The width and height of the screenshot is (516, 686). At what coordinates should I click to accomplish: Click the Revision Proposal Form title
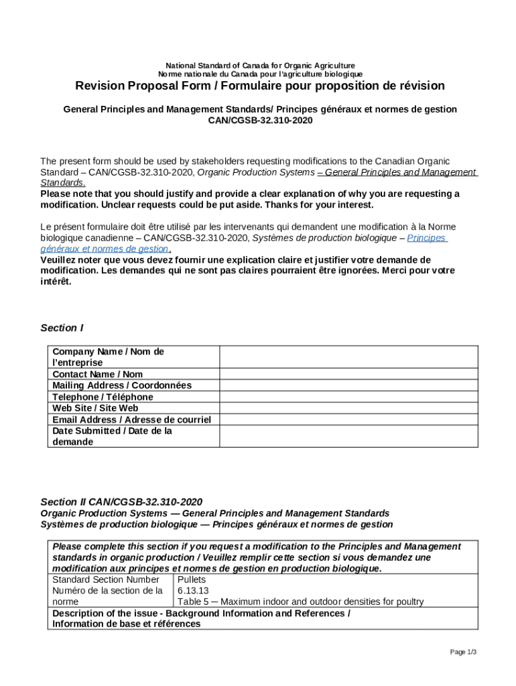point(259,86)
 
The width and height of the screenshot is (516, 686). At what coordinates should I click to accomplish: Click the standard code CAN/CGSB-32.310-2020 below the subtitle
point(260,121)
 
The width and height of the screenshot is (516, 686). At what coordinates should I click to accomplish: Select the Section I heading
point(62,328)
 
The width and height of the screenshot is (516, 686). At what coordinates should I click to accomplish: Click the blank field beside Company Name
point(348,357)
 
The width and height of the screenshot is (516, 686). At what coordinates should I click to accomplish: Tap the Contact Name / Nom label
point(97,374)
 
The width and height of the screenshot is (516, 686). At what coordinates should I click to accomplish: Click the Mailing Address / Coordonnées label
point(121,385)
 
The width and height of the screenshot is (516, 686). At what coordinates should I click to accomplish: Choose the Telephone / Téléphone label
point(103,397)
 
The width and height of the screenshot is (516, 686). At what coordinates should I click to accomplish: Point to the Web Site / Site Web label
point(95,408)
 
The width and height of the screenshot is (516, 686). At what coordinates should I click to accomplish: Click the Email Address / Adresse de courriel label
point(131,419)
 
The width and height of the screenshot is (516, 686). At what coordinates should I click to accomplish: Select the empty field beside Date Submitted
point(348,436)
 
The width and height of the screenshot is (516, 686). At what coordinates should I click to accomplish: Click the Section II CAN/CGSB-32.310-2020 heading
point(121,502)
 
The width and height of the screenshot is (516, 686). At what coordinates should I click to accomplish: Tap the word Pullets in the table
point(192,579)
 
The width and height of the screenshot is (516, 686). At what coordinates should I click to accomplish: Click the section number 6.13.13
point(193,590)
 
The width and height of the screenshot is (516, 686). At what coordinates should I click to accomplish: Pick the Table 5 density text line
point(300,602)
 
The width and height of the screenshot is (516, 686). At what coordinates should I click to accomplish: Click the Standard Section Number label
point(106,579)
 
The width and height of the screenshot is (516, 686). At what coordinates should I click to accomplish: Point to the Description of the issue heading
point(201,613)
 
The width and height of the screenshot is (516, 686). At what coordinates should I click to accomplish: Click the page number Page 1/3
point(463,652)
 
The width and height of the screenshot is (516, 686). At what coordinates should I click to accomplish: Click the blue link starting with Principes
point(427,238)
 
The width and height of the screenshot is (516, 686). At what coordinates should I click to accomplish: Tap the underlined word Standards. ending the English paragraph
point(62,183)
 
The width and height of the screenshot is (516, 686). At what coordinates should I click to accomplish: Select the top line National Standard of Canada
point(260,65)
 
